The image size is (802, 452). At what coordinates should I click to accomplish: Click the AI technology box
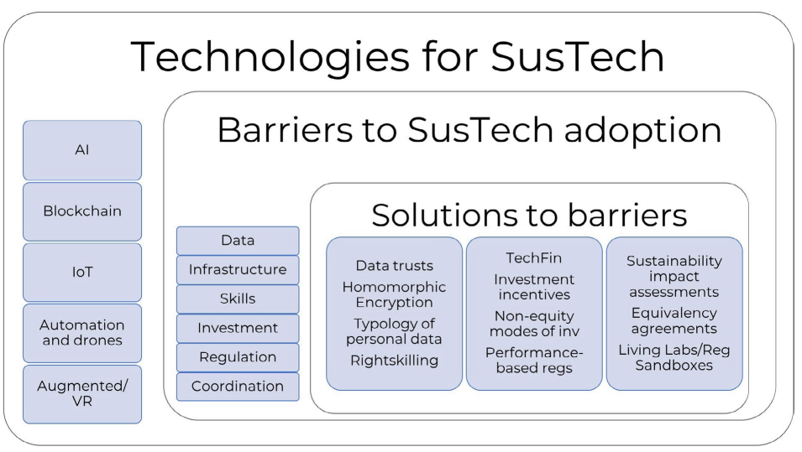[x=82, y=150]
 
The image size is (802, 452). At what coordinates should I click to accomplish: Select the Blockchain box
[x=82, y=211]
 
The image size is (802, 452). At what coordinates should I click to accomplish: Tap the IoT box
[x=82, y=273]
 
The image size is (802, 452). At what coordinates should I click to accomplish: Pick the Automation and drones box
[x=82, y=333]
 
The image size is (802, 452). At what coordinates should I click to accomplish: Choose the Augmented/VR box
[x=82, y=394]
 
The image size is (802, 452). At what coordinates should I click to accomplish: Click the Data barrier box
[x=238, y=241]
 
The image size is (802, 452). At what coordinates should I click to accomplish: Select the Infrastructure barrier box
[x=238, y=270]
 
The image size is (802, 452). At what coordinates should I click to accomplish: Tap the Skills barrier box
[x=238, y=299]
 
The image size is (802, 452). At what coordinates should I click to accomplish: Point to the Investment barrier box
[x=238, y=328]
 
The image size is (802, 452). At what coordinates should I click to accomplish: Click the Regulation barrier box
[x=238, y=357]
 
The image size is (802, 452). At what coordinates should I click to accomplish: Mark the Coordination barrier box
[x=238, y=387]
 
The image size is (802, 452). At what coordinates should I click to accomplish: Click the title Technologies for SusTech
[x=398, y=56]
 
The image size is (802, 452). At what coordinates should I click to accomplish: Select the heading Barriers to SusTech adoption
[x=469, y=130]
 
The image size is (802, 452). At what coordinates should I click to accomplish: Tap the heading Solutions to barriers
[x=529, y=215]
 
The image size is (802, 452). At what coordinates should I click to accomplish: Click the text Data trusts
[x=394, y=266]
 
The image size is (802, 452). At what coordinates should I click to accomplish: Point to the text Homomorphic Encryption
[x=394, y=294]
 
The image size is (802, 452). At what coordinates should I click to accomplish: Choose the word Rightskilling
[x=394, y=360]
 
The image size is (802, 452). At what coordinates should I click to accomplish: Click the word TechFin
[x=534, y=257]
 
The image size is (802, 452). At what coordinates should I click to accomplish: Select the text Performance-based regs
[x=534, y=361]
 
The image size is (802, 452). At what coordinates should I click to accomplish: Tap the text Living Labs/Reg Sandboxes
[x=674, y=357]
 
